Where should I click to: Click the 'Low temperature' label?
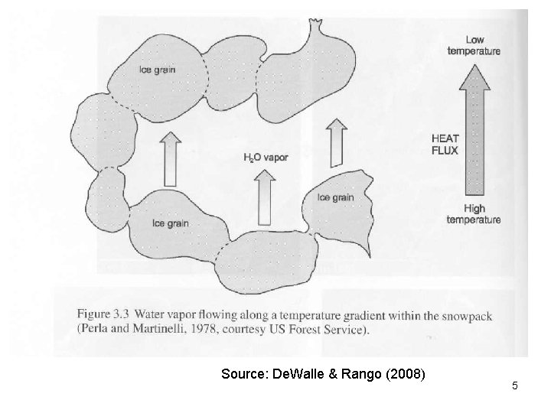(474, 45)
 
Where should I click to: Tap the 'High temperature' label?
(474, 214)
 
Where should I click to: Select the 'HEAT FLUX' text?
(445, 144)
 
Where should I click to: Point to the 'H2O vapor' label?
(265, 158)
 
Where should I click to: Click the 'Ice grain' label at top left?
(157, 70)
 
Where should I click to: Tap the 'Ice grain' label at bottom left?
(169, 223)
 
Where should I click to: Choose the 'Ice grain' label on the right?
(335, 197)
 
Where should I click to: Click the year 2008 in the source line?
(410, 376)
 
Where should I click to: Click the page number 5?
(515, 385)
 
